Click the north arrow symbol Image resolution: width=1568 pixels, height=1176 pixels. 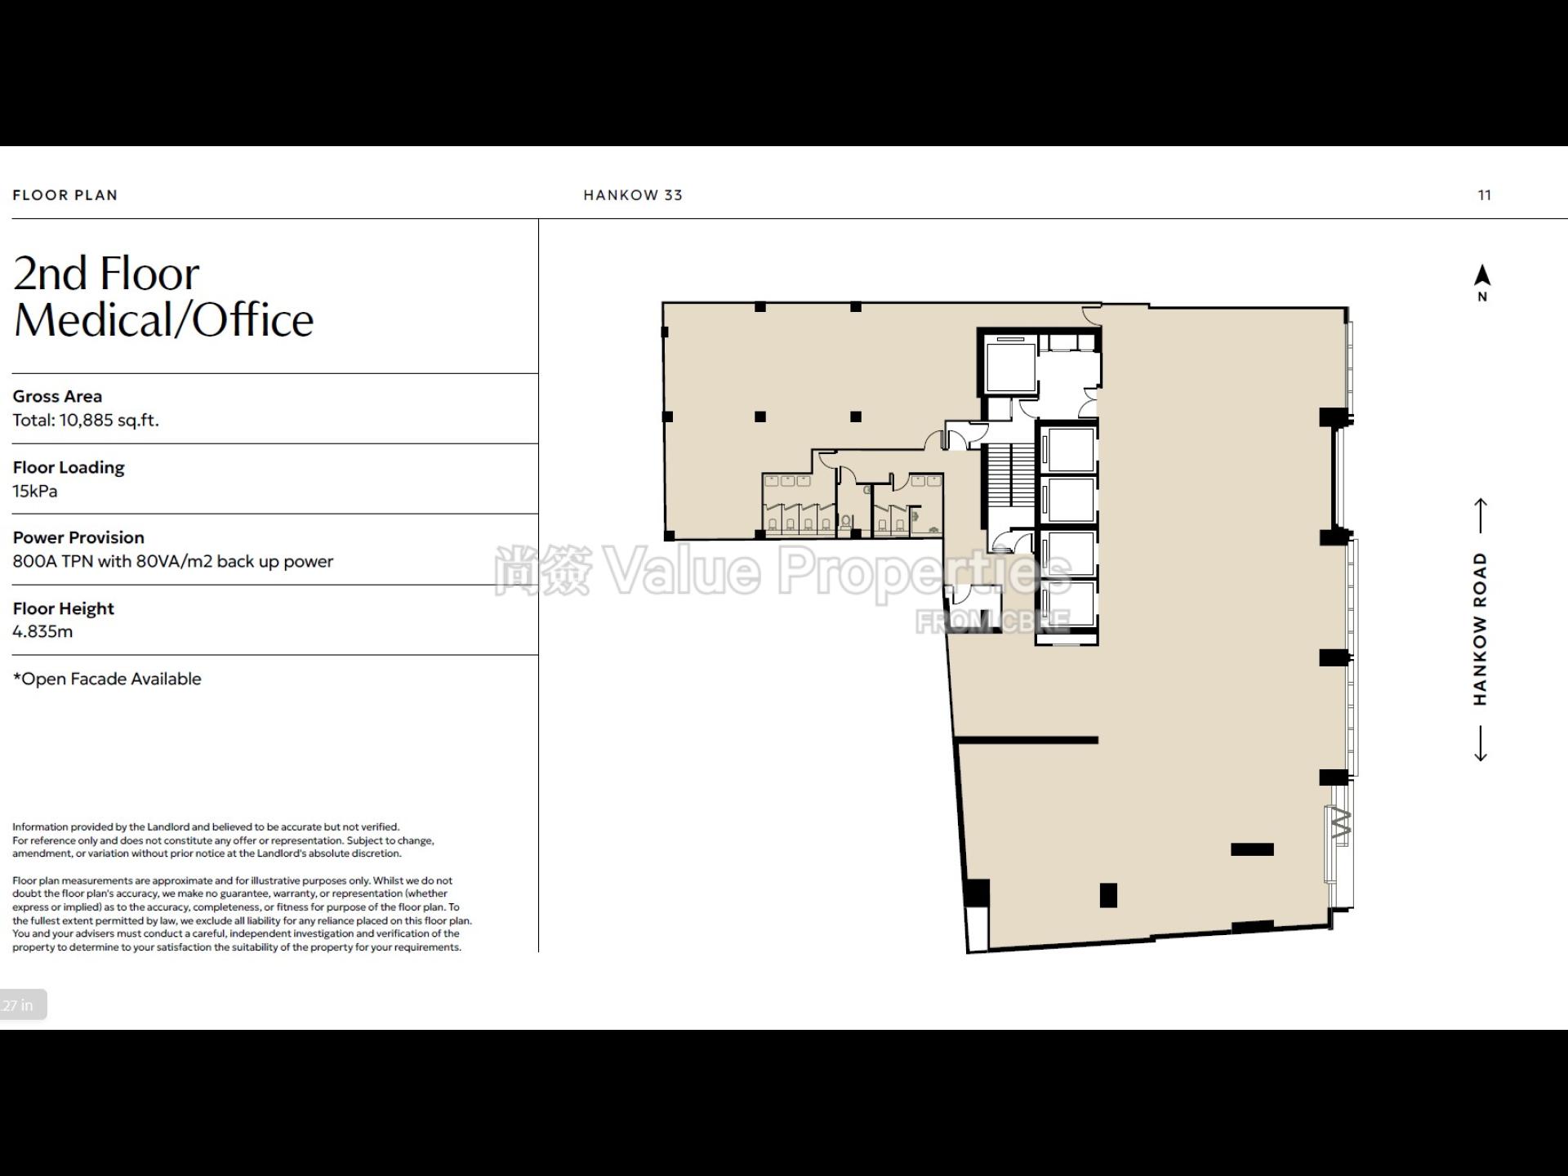click(1482, 276)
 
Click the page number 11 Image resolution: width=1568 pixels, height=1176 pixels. click(1485, 195)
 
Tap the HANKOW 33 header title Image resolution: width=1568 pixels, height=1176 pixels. click(633, 195)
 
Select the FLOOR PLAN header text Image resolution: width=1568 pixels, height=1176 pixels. click(65, 195)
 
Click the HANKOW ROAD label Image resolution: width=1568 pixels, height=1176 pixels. click(1481, 629)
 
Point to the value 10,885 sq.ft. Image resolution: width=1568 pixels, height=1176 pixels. click(109, 421)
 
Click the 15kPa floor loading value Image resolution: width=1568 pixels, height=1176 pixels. click(35, 491)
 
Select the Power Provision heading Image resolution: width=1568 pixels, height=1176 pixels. click(78, 537)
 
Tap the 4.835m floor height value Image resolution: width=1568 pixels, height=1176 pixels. click(42, 631)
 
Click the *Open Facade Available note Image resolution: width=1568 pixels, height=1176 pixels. click(107, 679)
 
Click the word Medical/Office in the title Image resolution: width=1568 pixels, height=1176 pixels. click(164, 319)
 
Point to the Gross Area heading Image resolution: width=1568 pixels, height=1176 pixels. click(57, 396)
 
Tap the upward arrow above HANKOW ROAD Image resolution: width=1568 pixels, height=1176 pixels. click(1481, 515)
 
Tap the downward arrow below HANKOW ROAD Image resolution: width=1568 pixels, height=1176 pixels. click(1481, 743)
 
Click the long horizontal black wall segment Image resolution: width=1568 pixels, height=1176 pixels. click(1027, 741)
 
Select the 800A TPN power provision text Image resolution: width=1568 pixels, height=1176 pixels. click(173, 562)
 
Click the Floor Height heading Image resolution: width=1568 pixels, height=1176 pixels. click(64, 608)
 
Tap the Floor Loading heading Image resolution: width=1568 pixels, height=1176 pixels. click(69, 467)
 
